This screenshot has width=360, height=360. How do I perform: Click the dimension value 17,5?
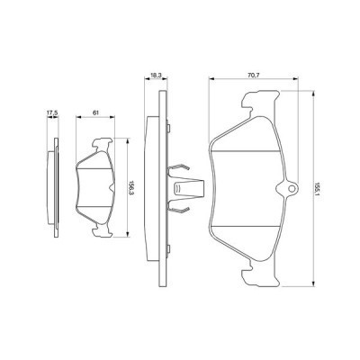tap(51, 113)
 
